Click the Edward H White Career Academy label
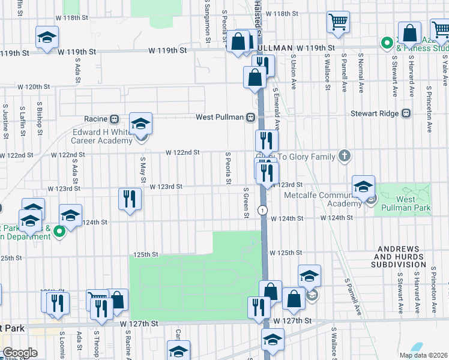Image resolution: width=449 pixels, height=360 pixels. point(102,136)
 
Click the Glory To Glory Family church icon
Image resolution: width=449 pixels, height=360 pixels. point(343,157)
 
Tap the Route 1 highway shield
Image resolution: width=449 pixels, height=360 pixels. point(263,209)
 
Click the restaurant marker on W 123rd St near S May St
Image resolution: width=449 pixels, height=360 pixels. point(130,198)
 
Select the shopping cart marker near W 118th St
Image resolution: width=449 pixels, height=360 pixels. point(339,22)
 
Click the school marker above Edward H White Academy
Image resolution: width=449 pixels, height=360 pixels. point(140,124)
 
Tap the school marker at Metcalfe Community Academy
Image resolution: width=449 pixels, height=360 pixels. point(363,187)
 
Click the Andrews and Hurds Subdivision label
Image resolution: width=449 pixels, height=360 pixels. point(402,256)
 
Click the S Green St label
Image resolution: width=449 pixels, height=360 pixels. point(246,202)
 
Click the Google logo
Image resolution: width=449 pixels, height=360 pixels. point(20,353)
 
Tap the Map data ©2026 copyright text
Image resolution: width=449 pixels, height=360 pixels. point(424,355)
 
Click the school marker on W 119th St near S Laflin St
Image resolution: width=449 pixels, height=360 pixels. point(47,37)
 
